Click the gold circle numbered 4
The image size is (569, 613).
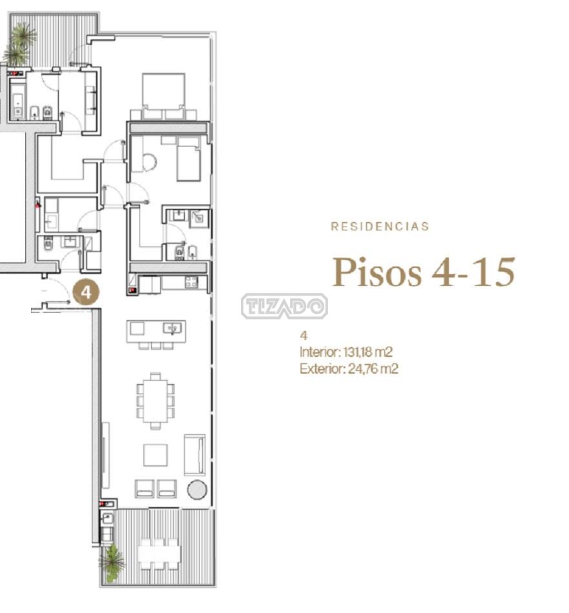point(87,292)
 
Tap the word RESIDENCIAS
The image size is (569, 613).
point(380,226)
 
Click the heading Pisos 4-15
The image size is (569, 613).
point(424,272)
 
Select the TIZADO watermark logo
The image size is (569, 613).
point(284,306)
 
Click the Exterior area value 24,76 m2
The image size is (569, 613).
point(373,368)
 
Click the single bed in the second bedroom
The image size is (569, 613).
point(189,158)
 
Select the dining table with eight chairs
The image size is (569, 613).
point(156,401)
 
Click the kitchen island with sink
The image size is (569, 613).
point(156,332)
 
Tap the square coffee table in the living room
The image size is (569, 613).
point(156,455)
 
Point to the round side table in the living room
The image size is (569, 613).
point(197,490)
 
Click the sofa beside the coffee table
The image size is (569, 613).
point(194,455)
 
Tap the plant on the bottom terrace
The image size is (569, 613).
point(112,562)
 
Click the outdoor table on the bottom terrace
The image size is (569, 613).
point(160,553)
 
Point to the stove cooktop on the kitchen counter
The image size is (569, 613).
point(191,282)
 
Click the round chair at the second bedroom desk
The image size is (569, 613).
point(149,162)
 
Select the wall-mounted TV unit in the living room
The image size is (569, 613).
point(105,455)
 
